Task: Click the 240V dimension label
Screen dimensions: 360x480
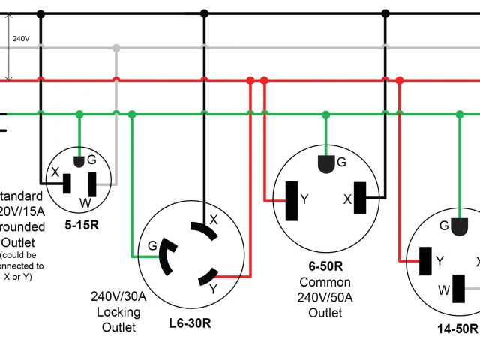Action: coord(20,37)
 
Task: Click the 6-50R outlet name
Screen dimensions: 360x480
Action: coord(325,265)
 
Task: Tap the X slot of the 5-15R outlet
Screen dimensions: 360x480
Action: coord(67,184)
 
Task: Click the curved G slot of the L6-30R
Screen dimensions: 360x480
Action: coord(167,256)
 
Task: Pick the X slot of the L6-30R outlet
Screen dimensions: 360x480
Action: coord(202,229)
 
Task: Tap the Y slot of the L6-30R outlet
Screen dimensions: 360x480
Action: coord(205,277)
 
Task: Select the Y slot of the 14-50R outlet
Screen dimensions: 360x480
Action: coord(426,260)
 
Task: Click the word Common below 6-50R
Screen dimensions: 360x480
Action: coord(325,282)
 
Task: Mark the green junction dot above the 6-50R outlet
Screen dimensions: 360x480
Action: coord(326,114)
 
